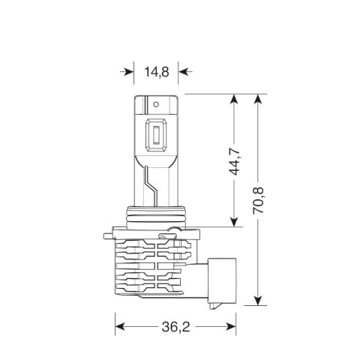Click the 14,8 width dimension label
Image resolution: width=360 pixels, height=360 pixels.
[157, 72]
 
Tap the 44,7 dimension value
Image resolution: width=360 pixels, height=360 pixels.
[235, 160]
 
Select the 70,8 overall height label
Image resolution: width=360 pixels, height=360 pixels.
[258, 200]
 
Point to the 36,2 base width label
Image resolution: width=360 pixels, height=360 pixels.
[176, 327]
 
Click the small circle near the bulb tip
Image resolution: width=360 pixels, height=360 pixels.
[156, 104]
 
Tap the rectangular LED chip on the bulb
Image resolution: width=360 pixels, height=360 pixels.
[156, 135]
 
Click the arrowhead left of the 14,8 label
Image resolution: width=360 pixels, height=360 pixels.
[129, 72]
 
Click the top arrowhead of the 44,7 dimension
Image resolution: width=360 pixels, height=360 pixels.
[234, 99]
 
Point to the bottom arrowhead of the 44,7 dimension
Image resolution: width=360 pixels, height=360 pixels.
[234, 222]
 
